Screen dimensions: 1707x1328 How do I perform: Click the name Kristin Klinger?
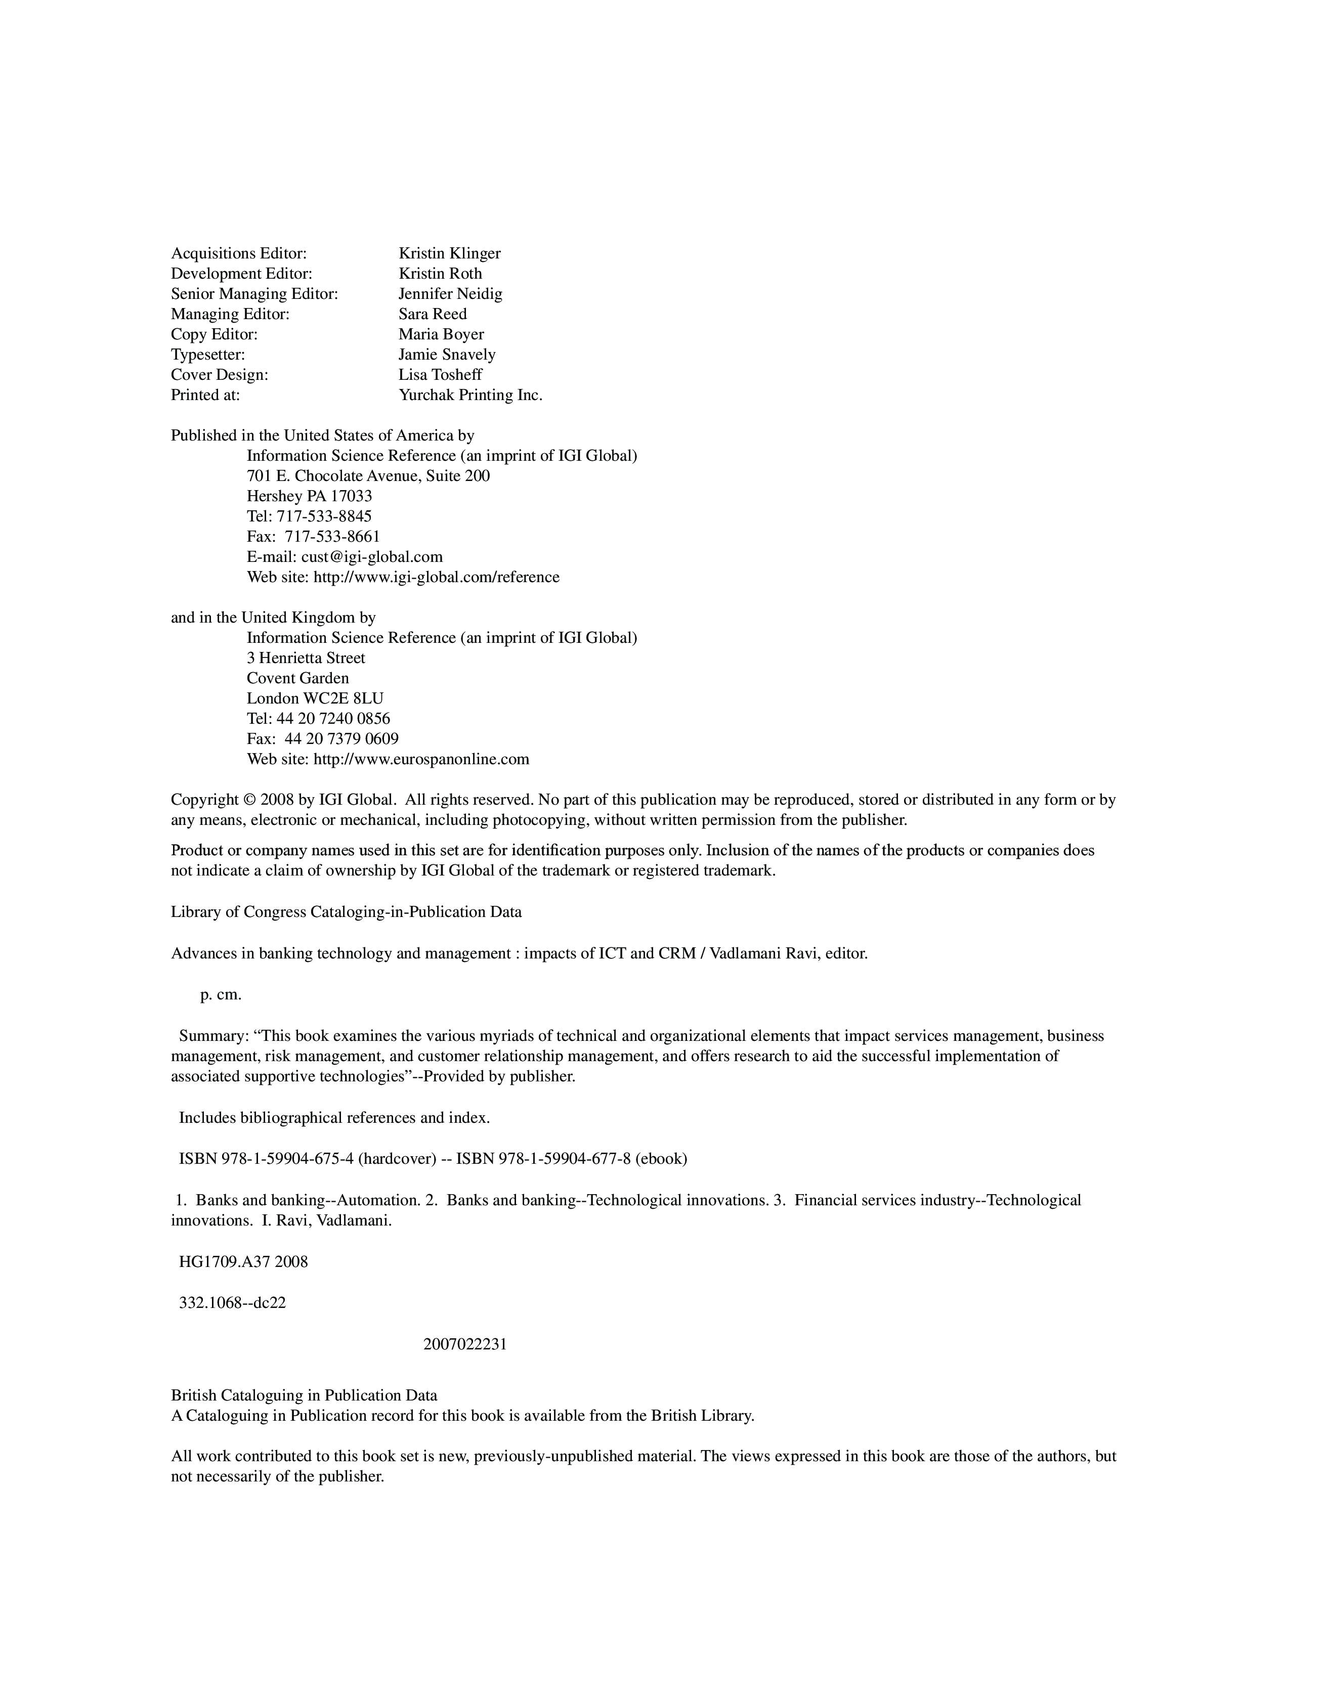coord(449,253)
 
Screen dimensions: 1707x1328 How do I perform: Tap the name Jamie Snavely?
coord(447,355)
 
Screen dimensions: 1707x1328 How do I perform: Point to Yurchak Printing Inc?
coord(470,396)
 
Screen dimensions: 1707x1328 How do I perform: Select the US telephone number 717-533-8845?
coord(324,516)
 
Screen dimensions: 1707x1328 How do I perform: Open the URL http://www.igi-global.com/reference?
coord(436,578)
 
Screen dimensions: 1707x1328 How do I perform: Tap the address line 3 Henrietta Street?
coord(306,658)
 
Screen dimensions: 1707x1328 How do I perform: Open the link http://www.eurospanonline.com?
coord(421,760)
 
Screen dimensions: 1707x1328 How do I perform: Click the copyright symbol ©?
coord(249,800)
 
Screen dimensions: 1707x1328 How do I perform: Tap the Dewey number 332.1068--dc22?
coord(232,1303)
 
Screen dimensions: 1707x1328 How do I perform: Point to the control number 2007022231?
coord(465,1344)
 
